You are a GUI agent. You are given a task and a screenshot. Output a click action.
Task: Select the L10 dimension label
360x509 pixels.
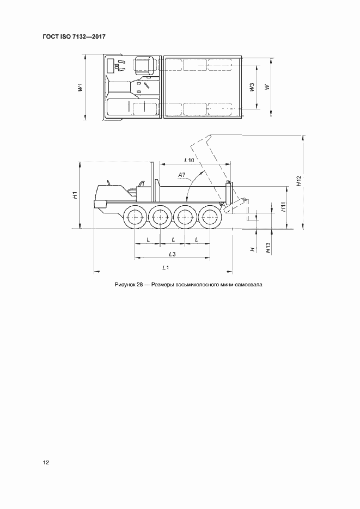point(189,160)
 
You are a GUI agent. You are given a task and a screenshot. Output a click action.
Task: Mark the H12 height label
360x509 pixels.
point(298,182)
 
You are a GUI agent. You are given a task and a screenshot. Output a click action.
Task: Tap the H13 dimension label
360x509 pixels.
point(268,248)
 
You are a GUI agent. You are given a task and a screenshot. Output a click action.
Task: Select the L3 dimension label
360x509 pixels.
point(172,254)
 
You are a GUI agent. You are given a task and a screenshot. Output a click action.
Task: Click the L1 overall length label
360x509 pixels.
point(166,268)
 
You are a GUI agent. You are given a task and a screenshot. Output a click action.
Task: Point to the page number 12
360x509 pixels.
point(46,463)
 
